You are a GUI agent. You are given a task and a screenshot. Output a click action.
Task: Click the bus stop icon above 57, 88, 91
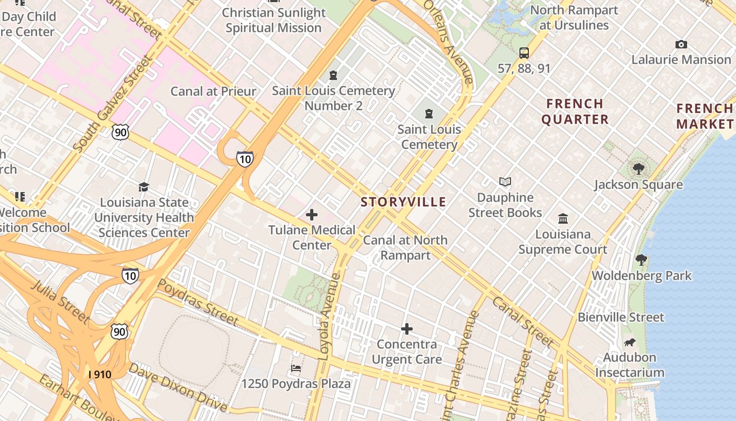pyautogui.click(x=524, y=53)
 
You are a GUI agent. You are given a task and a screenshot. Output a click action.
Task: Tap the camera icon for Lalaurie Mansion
pyautogui.click(x=681, y=45)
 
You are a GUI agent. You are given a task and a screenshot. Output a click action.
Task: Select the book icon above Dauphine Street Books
pyautogui.click(x=505, y=182)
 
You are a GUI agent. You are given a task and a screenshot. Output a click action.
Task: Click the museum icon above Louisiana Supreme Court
pyautogui.click(x=563, y=218)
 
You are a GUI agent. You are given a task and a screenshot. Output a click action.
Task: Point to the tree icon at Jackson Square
pyautogui.click(x=639, y=169)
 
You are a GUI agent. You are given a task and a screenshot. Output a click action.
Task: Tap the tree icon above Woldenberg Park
pyautogui.click(x=641, y=260)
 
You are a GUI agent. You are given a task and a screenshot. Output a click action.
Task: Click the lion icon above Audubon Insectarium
pyautogui.click(x=629, y=343)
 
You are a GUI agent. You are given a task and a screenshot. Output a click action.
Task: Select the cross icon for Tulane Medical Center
pyautogui.click(x=312, y=215)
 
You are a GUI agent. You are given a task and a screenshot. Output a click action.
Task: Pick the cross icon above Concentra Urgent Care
pyautogui.click(x=406, y=329)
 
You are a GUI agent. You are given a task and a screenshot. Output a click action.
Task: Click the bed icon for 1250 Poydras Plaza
pyautogui.click(x=296, y=368)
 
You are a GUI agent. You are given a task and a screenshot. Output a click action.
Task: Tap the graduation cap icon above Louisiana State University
pyautogui.click(x=144, y=187)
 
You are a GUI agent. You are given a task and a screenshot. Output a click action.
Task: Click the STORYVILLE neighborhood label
pyautogui.click(x=403, y=202)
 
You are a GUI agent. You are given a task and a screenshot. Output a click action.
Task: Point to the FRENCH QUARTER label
pyautogui.click(x=575, y=111)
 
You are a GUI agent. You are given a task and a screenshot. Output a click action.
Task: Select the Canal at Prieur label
pyautogui.click(x=213, y=91)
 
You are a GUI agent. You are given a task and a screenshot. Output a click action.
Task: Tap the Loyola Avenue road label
pyautogui.click(x=330, y=316)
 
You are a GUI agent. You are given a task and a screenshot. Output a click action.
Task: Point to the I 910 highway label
pyautogui.click(x=100, y=374)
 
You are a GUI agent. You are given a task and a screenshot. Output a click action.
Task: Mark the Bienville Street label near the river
pyautogui.click(x=621, y=317)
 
